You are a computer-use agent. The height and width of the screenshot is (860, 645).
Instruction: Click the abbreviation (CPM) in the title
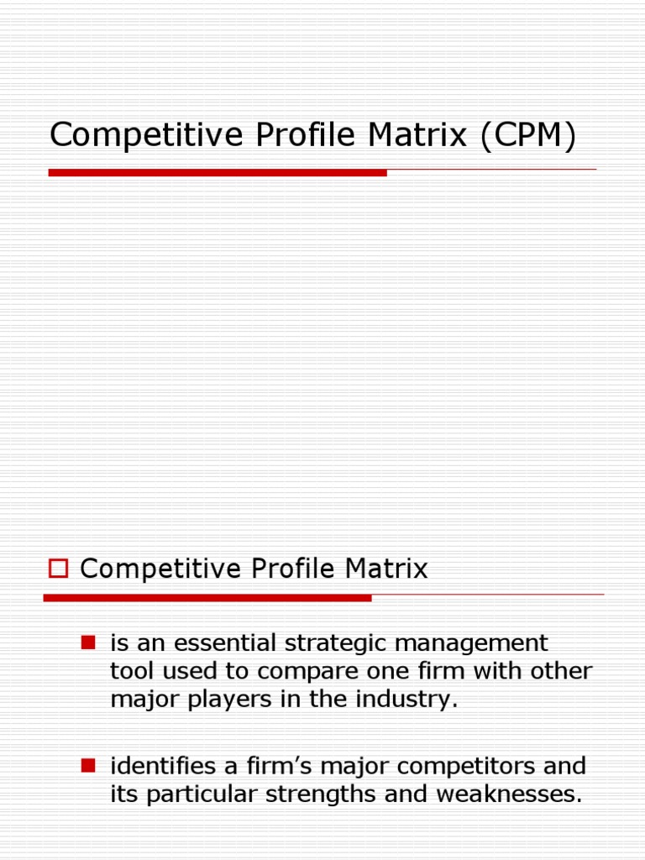point(528,136)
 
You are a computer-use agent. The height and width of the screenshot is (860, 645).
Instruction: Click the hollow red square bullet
point(58,569)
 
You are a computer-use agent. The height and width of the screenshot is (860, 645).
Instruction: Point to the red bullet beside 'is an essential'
point(87,643)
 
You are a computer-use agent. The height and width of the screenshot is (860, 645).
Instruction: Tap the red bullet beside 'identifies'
point(87,765)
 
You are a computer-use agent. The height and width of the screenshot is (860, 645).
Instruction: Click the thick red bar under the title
point(218,173)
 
